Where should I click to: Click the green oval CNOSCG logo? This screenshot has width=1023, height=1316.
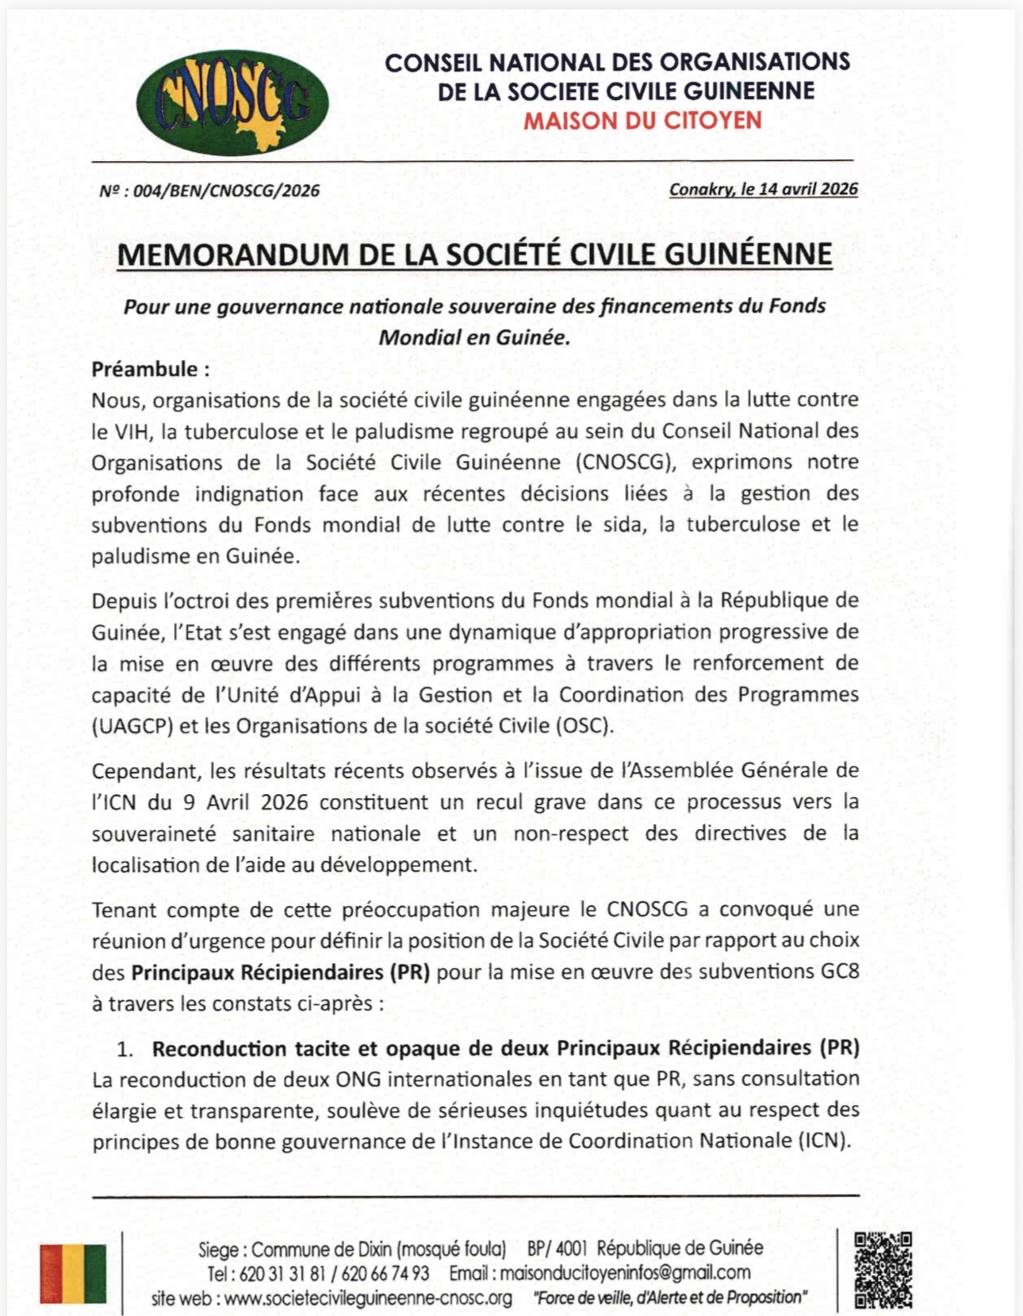pos(232,102)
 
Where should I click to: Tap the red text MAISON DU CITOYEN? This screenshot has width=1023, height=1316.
pos(642,121)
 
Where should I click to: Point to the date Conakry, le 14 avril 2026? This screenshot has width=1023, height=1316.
pos(763,189)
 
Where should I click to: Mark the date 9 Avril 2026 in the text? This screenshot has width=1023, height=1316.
pos(245,802)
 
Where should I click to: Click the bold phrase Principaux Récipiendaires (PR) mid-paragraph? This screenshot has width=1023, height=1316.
pos(280,972)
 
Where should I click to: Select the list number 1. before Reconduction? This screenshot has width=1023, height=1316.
pos(125,1049)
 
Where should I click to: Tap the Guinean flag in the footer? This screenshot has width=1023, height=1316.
pos(73,1273)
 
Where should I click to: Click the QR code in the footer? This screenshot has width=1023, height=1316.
pos(883,1270)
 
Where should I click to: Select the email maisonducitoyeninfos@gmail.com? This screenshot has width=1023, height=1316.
pos(625,1273)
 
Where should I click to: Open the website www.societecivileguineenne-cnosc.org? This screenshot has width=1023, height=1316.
pos(368,1299)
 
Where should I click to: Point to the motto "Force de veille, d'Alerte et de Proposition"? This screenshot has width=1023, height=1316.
pos(670,1298)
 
